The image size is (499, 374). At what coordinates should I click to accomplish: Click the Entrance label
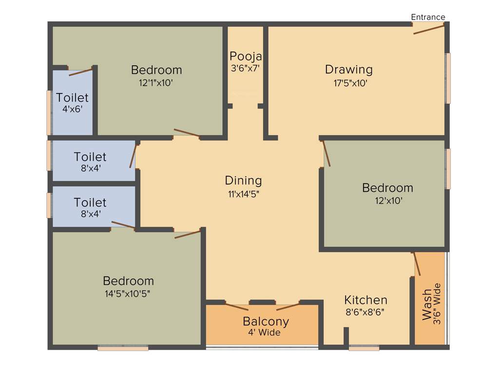tap(428, 17)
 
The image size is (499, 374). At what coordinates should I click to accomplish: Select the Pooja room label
tap(246, 56)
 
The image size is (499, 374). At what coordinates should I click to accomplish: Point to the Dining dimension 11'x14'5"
tap(243, 194)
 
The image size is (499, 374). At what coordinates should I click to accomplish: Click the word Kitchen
tap(365, 299)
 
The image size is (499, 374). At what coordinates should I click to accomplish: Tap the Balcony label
tap(266, 321)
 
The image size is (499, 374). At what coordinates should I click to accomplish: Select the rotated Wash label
tap(427, 305)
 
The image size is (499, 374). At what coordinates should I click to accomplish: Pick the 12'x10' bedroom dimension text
tap(387, 200)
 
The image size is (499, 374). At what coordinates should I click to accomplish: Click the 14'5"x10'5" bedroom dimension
tap(128, 294)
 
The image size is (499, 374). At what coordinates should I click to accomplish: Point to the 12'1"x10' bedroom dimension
tap(156, 83)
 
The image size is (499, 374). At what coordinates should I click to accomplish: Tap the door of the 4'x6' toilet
tap(80, 73)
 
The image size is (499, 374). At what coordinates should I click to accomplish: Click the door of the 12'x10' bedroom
tap(326, 153)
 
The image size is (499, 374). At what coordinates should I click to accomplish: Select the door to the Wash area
tap(417, 264)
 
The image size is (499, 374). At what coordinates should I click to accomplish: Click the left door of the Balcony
tap(236, 307)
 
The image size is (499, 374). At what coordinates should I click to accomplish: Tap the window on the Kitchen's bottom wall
tap(364, 348)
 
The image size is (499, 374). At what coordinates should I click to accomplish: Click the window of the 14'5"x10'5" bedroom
tap(123, 348)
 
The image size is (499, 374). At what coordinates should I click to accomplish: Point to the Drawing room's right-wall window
tap(447, 78)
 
